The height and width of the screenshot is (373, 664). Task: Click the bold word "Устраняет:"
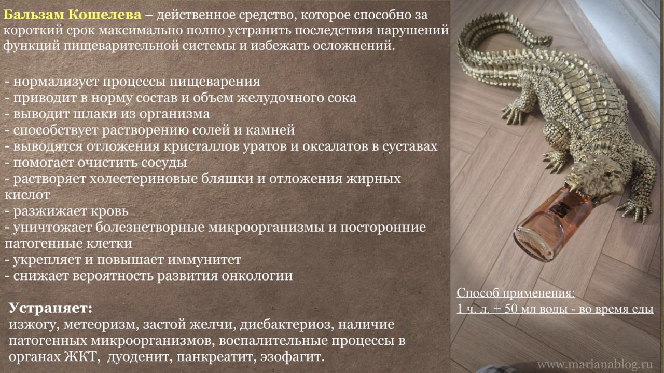51,308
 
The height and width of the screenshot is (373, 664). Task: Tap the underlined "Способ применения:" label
516,294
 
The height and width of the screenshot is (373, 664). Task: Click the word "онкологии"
257,276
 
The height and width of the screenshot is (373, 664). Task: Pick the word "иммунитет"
204,260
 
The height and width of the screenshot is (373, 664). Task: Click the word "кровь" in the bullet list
109,211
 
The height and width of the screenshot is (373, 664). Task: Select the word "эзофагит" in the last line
292,357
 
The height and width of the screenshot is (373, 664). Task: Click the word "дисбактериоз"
284,324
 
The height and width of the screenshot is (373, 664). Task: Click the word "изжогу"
32,325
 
